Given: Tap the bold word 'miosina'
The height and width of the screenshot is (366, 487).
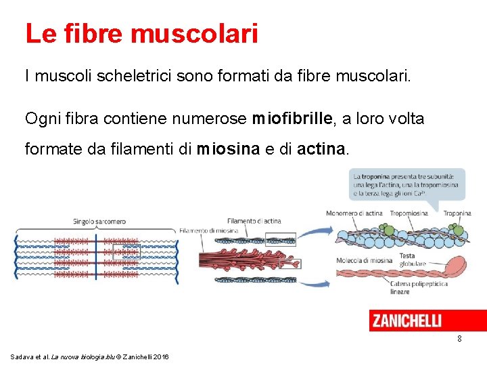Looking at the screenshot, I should tap(228, 148).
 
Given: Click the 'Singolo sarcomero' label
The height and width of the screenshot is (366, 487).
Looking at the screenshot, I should tap(100, 222).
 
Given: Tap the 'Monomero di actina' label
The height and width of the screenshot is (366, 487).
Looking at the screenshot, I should tap(354, 213).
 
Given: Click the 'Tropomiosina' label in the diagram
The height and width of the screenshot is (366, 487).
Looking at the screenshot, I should tap(409, 213).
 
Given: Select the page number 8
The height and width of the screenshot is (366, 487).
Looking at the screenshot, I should tap(459, 338).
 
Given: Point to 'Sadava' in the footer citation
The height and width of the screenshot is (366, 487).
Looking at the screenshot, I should tap(22, 357).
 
